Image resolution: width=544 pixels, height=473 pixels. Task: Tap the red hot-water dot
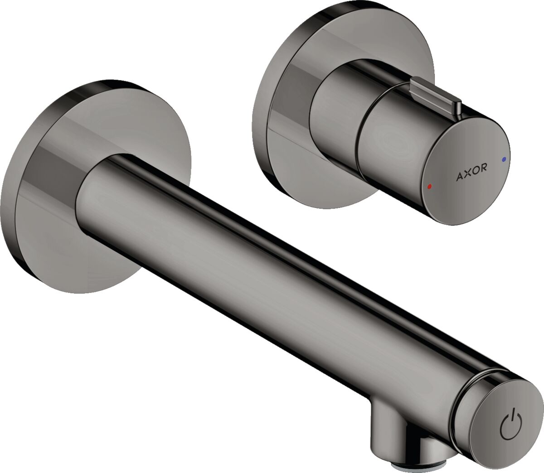click(x=429, y=186)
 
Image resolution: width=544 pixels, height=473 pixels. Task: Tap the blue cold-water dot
click(x=503, y=159)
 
